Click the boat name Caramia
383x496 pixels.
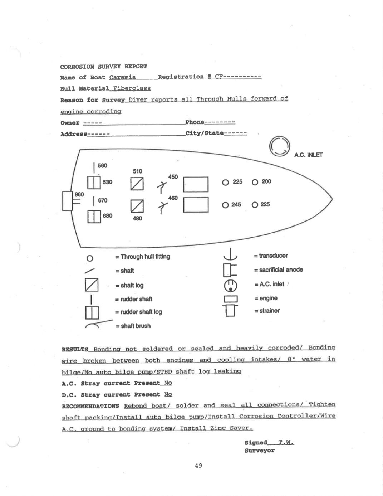click(x=122, y=77)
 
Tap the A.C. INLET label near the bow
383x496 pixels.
click(x=308, y=155)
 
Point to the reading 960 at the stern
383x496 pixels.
click(x=79, y=194)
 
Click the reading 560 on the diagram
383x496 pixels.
click(x=102, y=166)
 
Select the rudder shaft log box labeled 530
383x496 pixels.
click(x=94, y=183)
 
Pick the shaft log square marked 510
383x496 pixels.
click(x=137, y=184)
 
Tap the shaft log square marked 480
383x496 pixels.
click(x=137, y=206)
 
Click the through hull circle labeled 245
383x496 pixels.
click(x=225, y=205)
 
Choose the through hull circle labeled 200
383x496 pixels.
click(x=255, y=182)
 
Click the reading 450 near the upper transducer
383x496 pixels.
click(x=173, y=177)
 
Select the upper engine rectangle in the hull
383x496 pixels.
click(x=196, y=184)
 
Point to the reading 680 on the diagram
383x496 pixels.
click(x=107, y=216)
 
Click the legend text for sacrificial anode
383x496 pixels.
click(x=278, y=270)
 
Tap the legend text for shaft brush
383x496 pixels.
click(x=133, y=326)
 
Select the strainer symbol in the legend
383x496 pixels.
click(x=230, y=310)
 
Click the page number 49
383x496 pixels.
click(x=198, y=466)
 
